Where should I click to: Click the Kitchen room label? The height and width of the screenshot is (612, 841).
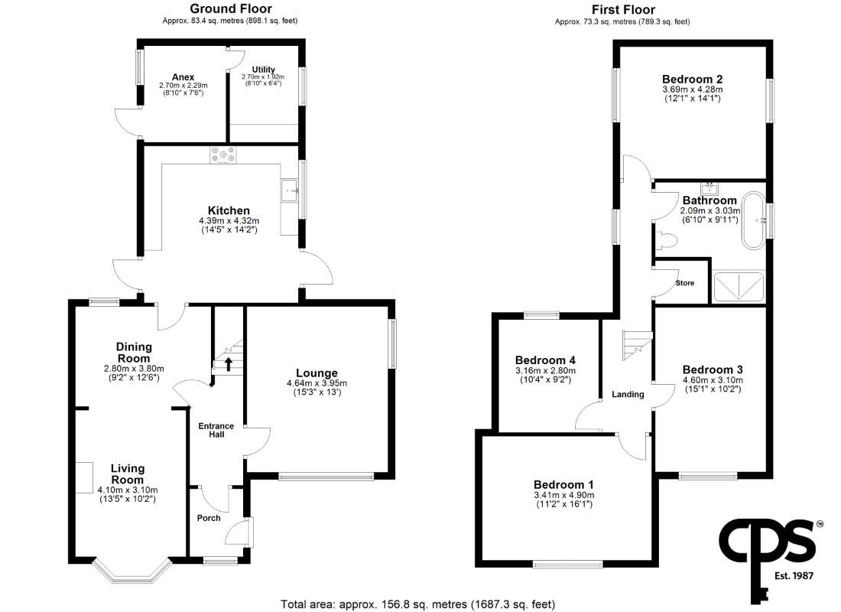pyautogui.click(x=229, y=210)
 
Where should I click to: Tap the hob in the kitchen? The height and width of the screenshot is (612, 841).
pyautogui.click(x=223, y=155)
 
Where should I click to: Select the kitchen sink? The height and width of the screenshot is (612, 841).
pyautogui.click(x=290, y=190)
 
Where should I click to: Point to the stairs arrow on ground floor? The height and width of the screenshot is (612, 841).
pyautogui.click(x=228, y=364)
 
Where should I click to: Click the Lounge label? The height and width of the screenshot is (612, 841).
pyautogui.click(x=317, y=373)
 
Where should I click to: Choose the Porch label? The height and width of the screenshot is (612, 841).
pyautogui.click(x=209, y=518)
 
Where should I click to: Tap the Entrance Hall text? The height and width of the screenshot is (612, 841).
pyautogui.click(x=216, y=430)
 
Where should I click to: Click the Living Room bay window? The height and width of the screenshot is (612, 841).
pyautogui.click(x=132, y=572)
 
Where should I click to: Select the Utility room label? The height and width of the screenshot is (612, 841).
pyautogui.click(x=263, y=70)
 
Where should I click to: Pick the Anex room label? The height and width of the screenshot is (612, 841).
pyautogui.click(x=183, y=76)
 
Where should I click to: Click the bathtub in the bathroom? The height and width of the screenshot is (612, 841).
pyautogui.click(x=754, y=220)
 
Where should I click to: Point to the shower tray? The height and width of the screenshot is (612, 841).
pyautogui.click(x=738, y=287)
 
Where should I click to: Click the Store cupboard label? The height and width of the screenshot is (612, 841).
pyautogui.click(x=685, y=283)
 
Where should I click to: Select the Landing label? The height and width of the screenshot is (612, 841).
pyautogui.click(x=628, y=395)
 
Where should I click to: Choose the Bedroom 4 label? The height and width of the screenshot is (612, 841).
pyautogui.click(x=545, y=360)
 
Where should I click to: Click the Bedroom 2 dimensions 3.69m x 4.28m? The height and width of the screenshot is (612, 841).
pyautogui.click(x=693, y=90)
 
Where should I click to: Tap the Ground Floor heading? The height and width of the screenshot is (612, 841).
pyautogui.click(x=231, y=8)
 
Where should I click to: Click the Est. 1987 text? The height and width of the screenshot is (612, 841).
pyautogui.click(x=794, y=576)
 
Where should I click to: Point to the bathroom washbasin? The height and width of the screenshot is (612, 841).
pyautogui.click(x=709, y=188)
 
